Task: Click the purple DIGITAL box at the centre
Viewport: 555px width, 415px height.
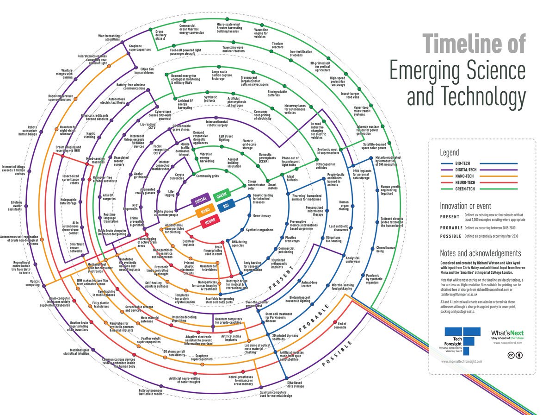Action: point(201,201)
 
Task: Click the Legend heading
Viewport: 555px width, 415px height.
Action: point(449,152)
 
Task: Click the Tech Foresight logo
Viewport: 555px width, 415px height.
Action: point(459,341)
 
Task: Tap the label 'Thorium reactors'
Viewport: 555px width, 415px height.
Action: point(277,44)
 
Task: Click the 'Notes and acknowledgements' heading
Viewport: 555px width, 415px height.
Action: point(481,253)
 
